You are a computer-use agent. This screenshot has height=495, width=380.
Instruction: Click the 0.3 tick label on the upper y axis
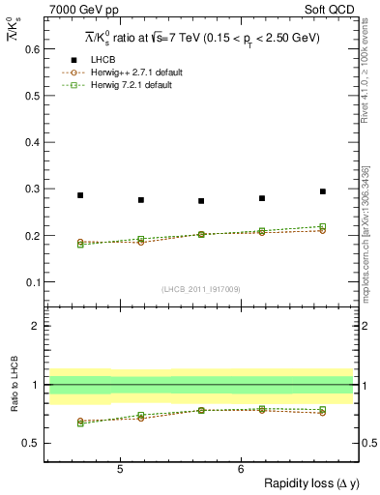coord(31,189)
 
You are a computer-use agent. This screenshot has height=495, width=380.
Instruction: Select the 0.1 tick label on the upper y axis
coord(31,282)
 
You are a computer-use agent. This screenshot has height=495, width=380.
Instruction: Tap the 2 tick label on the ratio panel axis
coord(36,326)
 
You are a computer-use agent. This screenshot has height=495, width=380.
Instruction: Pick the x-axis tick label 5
coord(119,469)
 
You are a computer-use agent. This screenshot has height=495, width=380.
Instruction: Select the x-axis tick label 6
coord(240,469)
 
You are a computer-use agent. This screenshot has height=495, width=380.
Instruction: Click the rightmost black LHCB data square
coord(323,191)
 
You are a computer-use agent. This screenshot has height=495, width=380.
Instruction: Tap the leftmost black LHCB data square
coord(80,195)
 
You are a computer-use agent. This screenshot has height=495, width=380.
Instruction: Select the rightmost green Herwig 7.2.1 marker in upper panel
coord(323,226)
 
